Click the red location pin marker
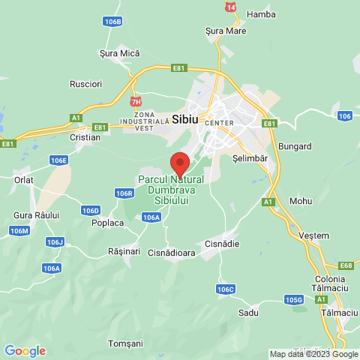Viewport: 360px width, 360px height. (179, 163)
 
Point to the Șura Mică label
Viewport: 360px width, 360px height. (120, 53)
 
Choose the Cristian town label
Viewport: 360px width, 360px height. (85, 137)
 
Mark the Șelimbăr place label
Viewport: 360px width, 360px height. (250, 159)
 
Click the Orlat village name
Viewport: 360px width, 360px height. (22, 179)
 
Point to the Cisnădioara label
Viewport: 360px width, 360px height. (172, 253)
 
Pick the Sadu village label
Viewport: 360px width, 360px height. (247, 312)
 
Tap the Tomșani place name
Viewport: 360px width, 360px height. (125, 343)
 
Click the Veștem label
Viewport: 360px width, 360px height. (313, 235)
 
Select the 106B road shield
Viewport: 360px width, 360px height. (112, 22)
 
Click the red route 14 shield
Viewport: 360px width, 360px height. (230, 6)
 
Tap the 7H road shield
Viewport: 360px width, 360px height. (136, 101)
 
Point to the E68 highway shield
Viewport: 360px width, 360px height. (346, 265)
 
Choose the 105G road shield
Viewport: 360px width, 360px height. (294, 300)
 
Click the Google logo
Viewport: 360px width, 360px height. (25, 350)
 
